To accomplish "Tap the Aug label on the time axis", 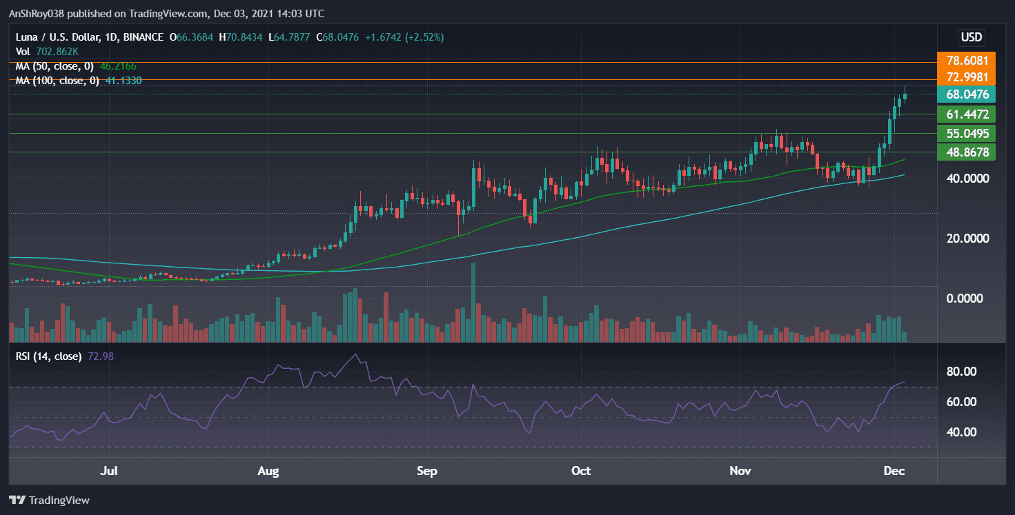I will [268, 472].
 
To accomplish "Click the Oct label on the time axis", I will [581, 472].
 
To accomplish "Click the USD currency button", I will [972, 37].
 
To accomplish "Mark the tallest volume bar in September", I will [473, 303].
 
